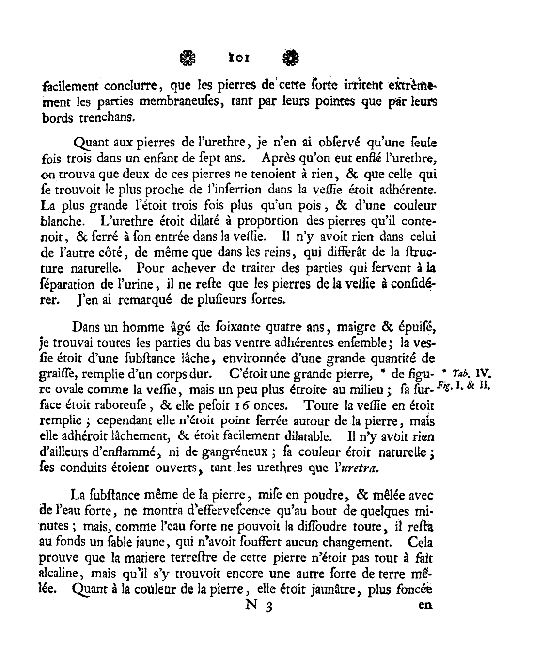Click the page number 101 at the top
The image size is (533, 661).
[x=239, y=58]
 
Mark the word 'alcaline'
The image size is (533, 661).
[x=58, y=574]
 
